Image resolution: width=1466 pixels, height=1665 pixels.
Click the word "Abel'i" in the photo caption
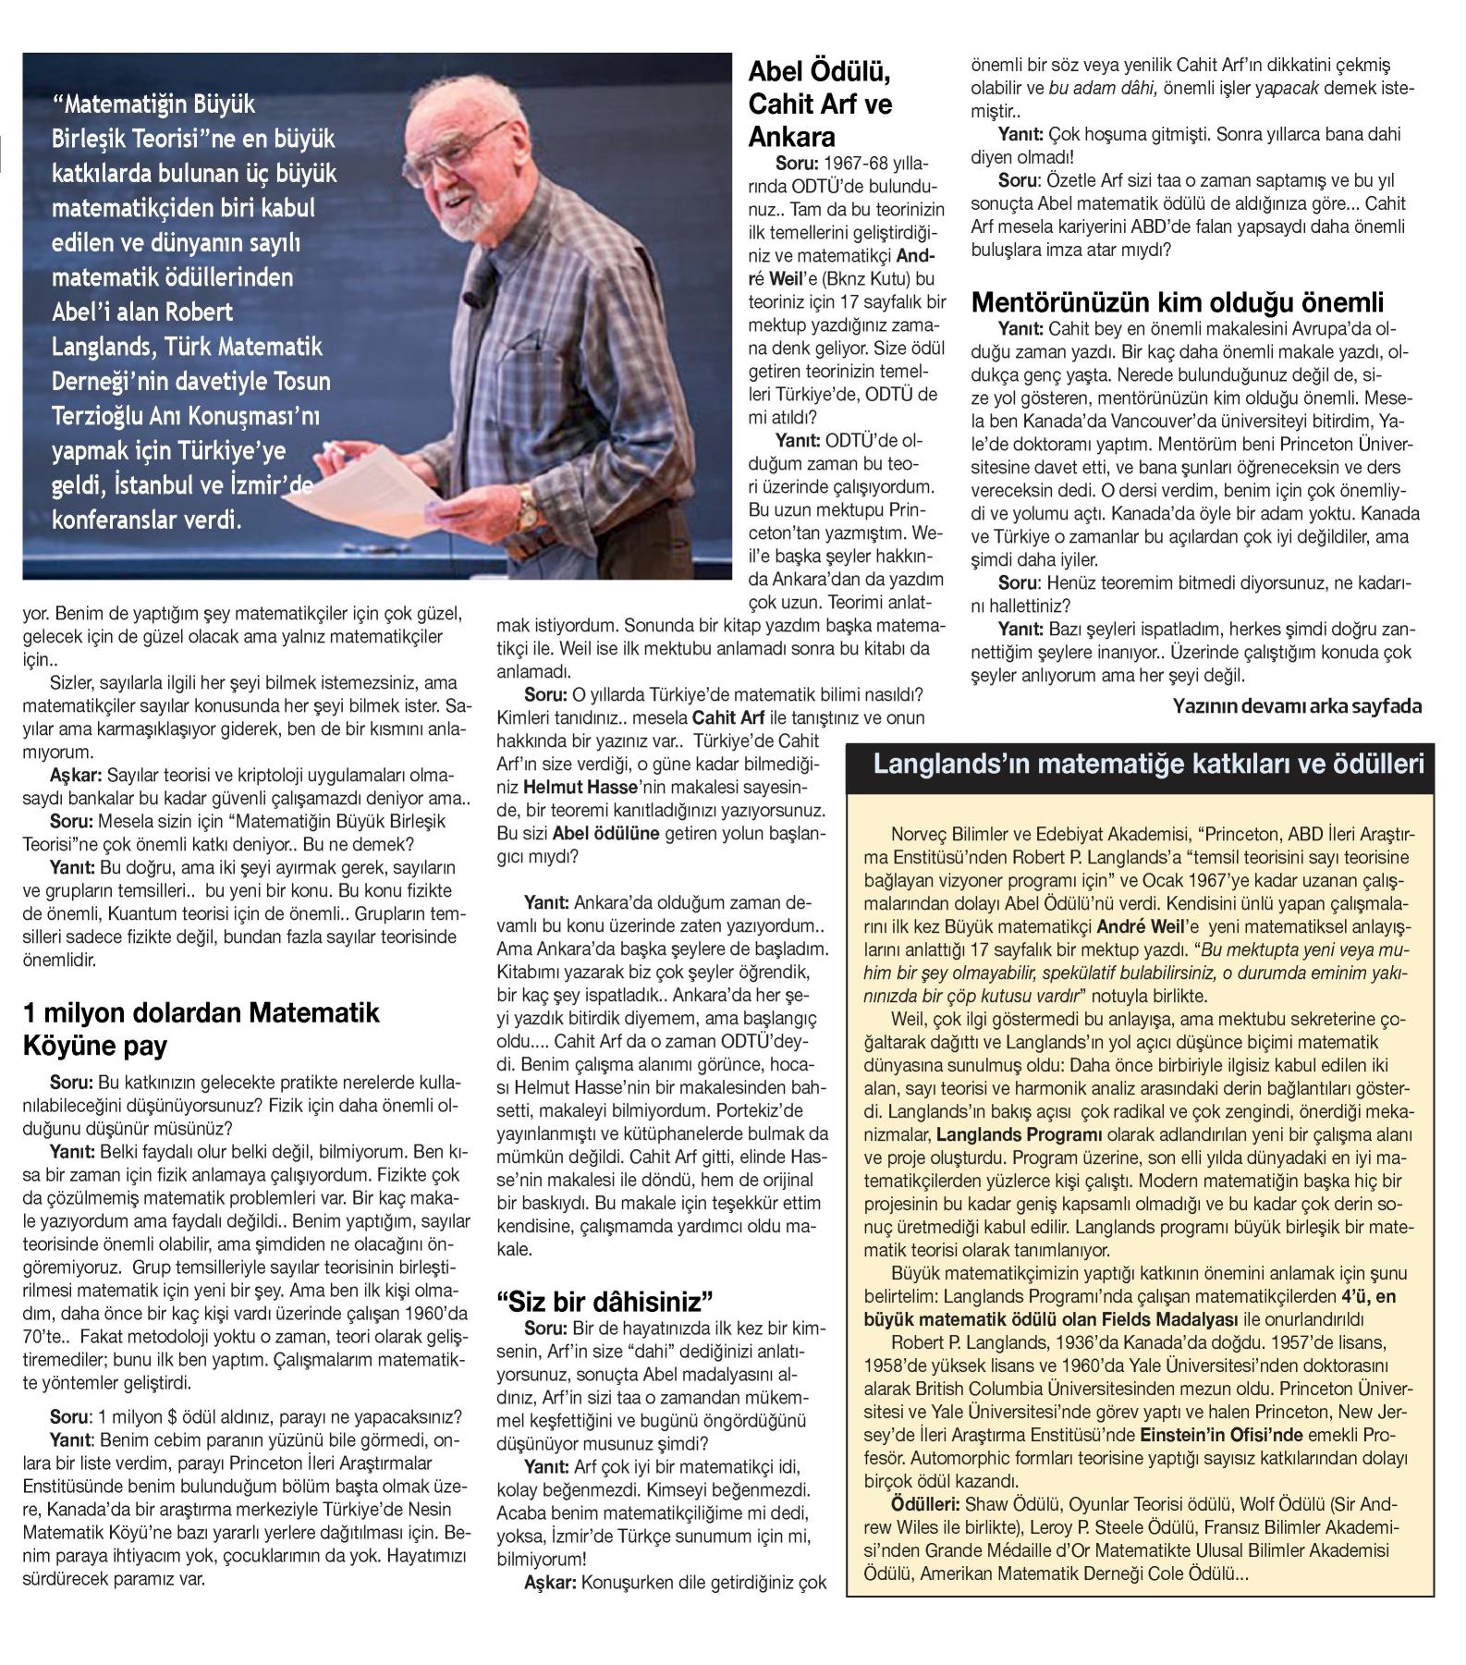(x=83, y=312)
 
